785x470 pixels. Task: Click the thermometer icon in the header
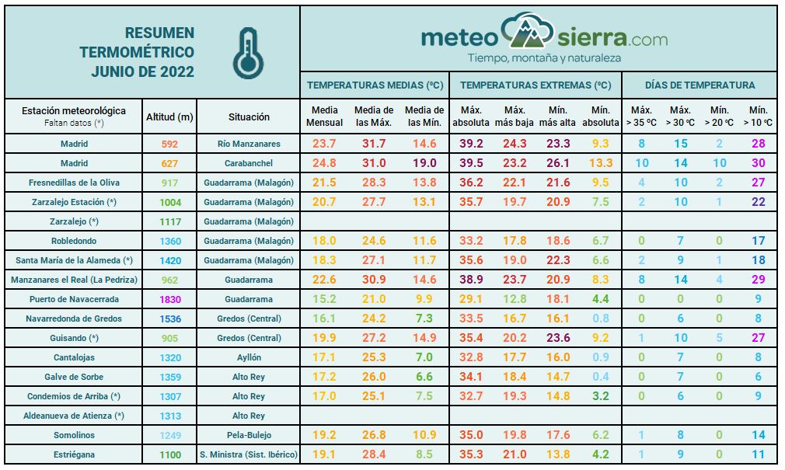point(248,53)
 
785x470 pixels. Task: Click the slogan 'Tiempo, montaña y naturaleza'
point(543,58)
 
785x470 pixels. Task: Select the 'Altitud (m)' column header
point(169,117)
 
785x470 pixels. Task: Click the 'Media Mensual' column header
point(324,117)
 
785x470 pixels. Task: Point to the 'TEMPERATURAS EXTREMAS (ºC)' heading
point(536,85)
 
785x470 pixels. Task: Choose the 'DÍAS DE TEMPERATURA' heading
point(700,85)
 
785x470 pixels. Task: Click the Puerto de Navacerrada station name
point(75,299)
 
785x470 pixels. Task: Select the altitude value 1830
point(169,299)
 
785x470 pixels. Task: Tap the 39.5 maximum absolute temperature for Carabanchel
point(471,163)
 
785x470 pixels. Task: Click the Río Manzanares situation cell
point(249,144)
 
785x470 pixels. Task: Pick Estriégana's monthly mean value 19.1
point(324,454)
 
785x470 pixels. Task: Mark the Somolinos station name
point(75,435)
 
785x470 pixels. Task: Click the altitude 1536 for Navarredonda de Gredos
point(169,319)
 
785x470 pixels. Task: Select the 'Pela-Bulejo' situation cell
point(249,435)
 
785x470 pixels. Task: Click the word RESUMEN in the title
point(159,33)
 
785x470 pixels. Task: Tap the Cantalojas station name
point(75,357)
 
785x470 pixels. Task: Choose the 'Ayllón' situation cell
point(249,357)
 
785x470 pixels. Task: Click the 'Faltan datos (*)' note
point(74,123)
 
